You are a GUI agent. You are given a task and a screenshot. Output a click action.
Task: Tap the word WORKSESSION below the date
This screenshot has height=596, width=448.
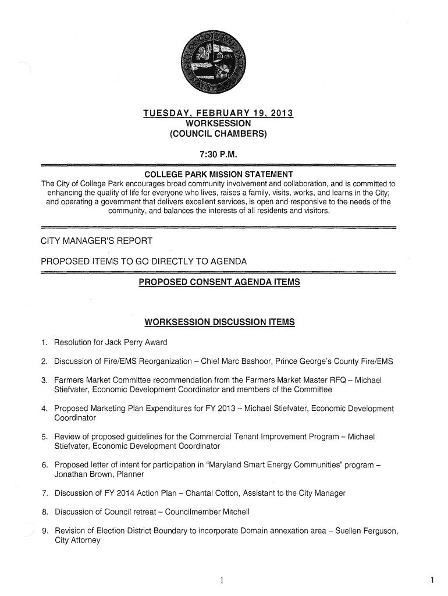[219, 123]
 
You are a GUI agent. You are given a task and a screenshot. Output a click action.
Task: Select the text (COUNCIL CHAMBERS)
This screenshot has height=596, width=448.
[219, 134]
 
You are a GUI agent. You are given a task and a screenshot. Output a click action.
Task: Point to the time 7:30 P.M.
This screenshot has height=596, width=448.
[219, 154]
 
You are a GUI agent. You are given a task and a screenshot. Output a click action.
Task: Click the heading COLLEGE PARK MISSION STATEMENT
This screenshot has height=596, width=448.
[219, 175]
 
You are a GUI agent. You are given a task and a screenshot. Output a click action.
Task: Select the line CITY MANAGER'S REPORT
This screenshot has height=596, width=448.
[97, 241]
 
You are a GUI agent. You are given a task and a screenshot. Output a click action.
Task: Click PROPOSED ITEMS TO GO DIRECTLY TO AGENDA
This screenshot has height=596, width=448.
[144, 261]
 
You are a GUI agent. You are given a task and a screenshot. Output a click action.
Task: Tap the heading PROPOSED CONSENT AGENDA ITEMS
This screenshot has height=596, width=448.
[219, 282]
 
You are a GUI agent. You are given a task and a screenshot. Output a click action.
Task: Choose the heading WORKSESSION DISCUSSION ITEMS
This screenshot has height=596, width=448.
[219, 322]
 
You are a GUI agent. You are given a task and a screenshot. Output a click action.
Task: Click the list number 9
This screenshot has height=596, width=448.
[44, 531]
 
